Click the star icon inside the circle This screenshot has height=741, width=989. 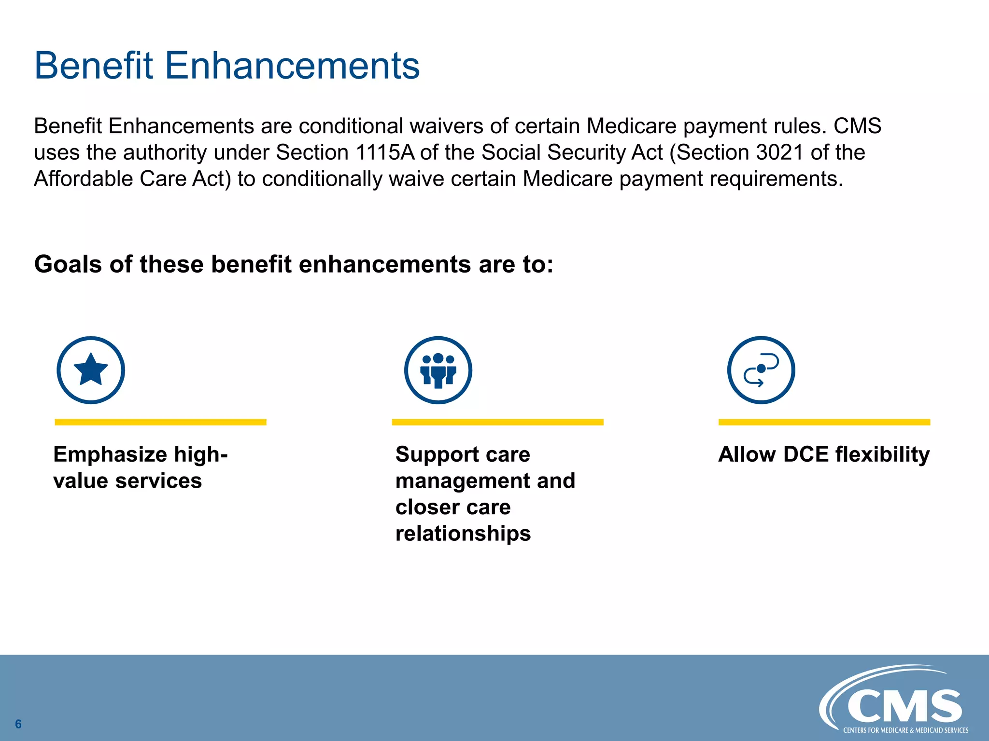click(91, 369)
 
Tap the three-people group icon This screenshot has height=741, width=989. click(438, 370)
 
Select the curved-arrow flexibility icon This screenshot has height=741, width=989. click(761, 370)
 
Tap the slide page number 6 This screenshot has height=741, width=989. click(18, 724)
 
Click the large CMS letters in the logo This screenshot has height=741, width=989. click(904, 706)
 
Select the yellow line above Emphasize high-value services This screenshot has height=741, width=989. click(160, 422)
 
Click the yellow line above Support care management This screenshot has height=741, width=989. click(497, 422)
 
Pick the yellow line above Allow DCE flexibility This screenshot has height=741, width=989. click(824, 422)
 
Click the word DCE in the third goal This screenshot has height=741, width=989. click(805, 454)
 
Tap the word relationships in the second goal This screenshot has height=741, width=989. click(463, 534)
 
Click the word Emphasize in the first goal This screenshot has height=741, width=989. click(110, 454)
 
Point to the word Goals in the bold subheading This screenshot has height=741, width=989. click(68, 264)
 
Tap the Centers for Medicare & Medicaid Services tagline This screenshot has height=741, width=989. click(905, 730)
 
